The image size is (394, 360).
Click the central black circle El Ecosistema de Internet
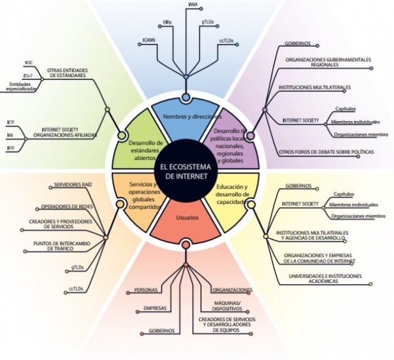184,171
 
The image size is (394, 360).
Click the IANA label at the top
193,5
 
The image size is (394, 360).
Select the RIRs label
167,22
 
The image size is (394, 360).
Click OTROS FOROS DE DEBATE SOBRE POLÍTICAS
326,152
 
